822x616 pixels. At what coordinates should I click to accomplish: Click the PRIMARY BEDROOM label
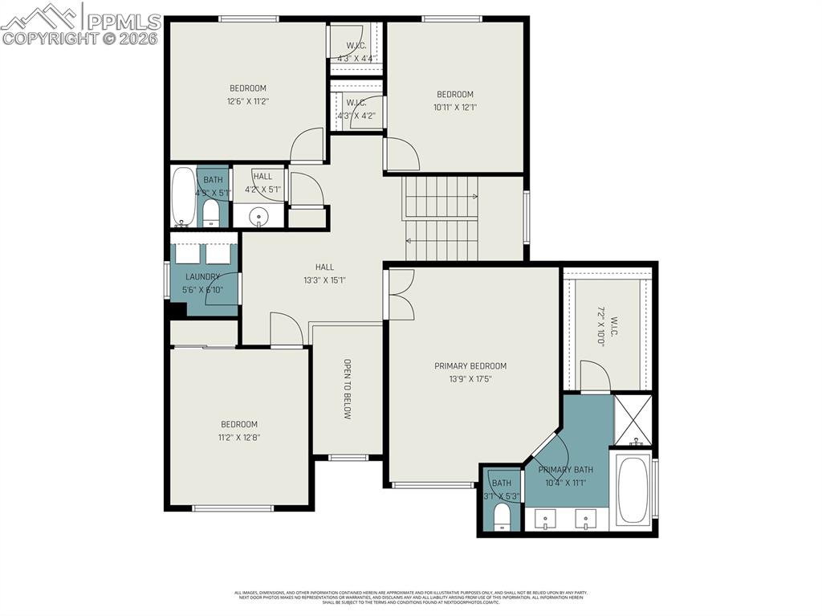(x=470, y=366)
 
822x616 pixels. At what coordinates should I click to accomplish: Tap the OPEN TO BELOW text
(x=348, y=389)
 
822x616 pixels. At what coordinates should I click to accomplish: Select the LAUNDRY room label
(x=203, y=277)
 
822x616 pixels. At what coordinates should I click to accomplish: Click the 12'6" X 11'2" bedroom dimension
(x=247, y=102)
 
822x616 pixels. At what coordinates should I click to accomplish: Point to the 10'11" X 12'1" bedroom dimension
(x=454, y=107)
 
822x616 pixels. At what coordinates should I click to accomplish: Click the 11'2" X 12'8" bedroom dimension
(x=239, y=438)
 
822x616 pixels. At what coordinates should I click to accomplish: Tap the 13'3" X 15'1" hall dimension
(x=324, y=280)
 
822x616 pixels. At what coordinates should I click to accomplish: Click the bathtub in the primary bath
(x=633, y=490)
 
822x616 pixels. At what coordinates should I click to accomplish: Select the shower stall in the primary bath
(x=633, y=420)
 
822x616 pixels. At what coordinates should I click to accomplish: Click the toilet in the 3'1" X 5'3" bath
(x=502, y=516)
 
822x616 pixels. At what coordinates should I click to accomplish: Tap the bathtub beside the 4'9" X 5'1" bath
(x=183, y=197)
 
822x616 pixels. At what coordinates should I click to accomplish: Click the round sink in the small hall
(x=259, y=215)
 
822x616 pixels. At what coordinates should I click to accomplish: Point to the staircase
(x=441, y=219)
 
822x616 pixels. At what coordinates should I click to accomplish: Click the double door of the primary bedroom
(x=399, y=293)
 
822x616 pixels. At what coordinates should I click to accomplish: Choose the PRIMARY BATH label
(x=566, y=470)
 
